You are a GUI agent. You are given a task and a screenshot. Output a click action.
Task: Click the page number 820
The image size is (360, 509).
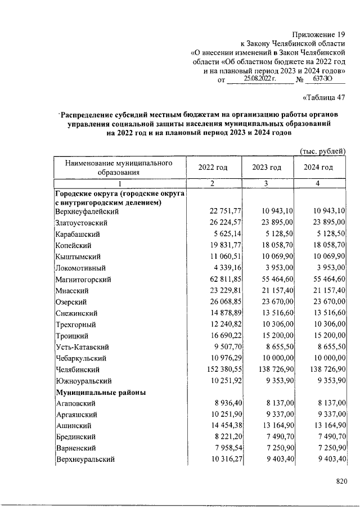(341, 481)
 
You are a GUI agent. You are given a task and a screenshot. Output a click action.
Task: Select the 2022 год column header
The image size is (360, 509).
(213, 168)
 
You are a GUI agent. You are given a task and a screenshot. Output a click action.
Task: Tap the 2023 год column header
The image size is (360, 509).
(267, 168)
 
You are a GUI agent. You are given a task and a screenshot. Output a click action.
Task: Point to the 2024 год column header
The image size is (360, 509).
(318, 168)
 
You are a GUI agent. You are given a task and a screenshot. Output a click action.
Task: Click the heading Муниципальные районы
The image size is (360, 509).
(101, 393)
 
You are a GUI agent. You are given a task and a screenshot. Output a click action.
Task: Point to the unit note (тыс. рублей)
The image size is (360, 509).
(322, 151)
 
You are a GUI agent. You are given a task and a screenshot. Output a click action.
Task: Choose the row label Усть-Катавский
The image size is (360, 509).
(82, 347)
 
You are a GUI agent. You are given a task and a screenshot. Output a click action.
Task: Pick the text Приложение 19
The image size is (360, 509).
(318, 35)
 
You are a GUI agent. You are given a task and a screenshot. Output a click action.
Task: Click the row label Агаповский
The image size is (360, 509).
(75, 404)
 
